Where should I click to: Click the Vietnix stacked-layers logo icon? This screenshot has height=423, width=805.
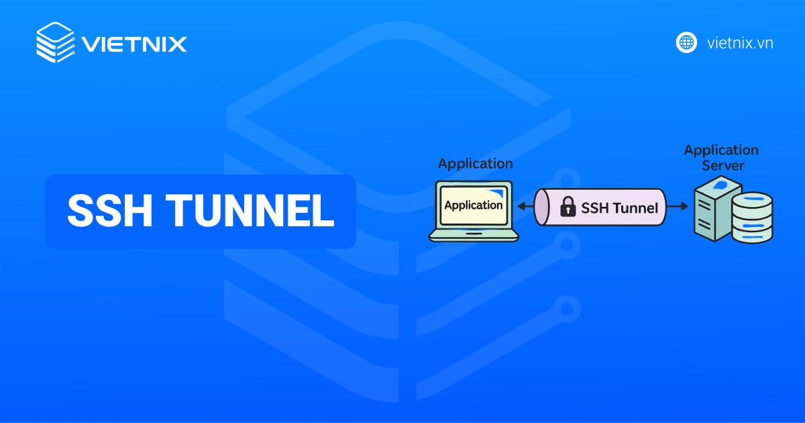pyautogui.click(x=55, y=43)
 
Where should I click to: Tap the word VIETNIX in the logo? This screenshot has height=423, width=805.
pyautogui.click(x=134, y=44)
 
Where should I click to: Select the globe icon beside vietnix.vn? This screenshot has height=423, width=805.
pyautogui.click(x=686, y=42)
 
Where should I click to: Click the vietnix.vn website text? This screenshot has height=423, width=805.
pyautogui.click(x=740, y=43)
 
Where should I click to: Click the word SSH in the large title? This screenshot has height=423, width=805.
pyautogui.click(x=110, y=211)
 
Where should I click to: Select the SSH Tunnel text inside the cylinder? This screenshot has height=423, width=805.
pyautogui.click(x=619, y=207)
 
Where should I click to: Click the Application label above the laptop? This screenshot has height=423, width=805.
pyautogui.click(x=475, y=163)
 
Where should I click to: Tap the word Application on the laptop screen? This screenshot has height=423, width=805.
pyautogui.click(x=473, y=205)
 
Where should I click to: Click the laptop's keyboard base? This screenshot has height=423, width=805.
pyautogui.click(x=474, y=234)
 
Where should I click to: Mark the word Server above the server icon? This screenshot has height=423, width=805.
pyautogui.click(x=722, y=165)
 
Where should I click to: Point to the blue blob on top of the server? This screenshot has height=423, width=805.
pyautogui.click(x=720, y=184)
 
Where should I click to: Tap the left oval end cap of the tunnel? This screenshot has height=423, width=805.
pyautogui.click(x=542, y=207)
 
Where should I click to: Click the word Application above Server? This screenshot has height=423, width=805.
pyautogui.click(x=721, y=150)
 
